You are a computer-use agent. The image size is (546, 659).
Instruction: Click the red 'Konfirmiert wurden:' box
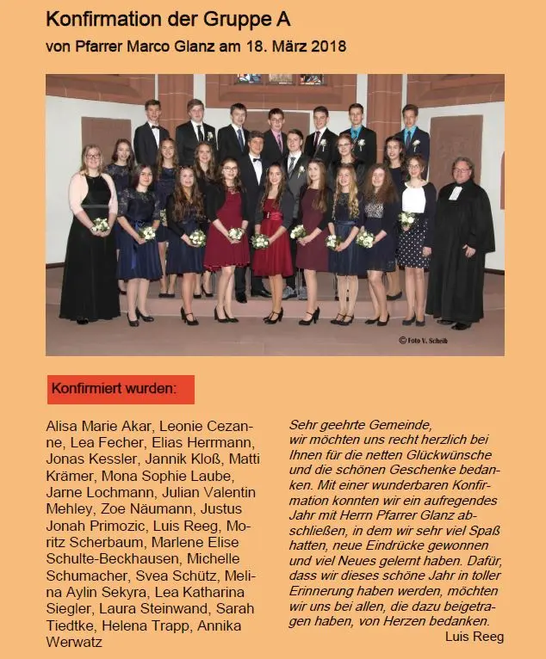tap(121, 389)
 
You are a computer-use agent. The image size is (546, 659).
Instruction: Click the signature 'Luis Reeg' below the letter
tap(475, 637)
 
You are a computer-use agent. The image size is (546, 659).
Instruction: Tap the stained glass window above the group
tap(279, 79)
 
